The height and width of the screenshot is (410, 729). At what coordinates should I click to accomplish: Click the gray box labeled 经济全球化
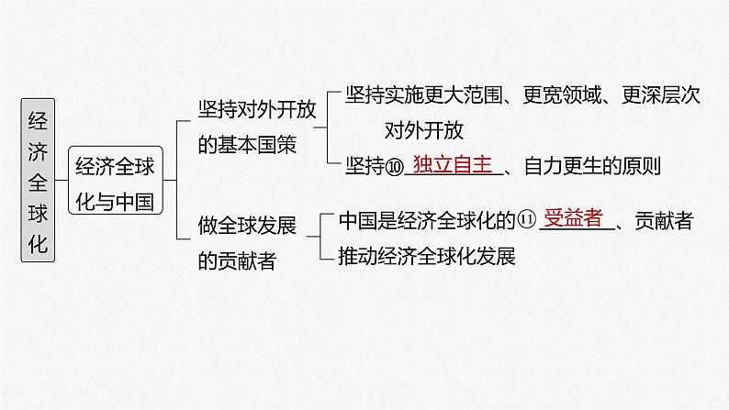point(38,183)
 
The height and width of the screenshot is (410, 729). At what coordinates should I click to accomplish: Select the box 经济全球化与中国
point(115,183)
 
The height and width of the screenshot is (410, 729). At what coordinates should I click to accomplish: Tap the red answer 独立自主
point(454,164)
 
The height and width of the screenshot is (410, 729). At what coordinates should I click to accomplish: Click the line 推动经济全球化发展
point(427,256)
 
